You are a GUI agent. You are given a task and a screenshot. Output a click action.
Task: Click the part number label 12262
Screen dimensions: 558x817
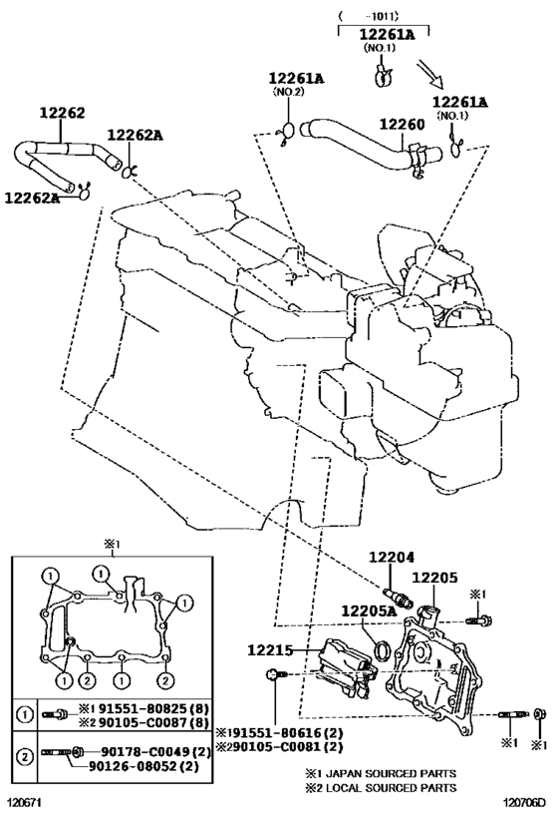63,113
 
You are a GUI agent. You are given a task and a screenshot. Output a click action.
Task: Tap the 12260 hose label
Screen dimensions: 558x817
402,124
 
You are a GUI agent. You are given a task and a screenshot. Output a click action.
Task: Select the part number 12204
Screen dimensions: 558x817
392,558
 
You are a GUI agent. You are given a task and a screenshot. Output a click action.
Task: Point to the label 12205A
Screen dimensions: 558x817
369,611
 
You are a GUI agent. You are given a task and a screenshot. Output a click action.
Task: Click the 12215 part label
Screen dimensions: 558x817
270,649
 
